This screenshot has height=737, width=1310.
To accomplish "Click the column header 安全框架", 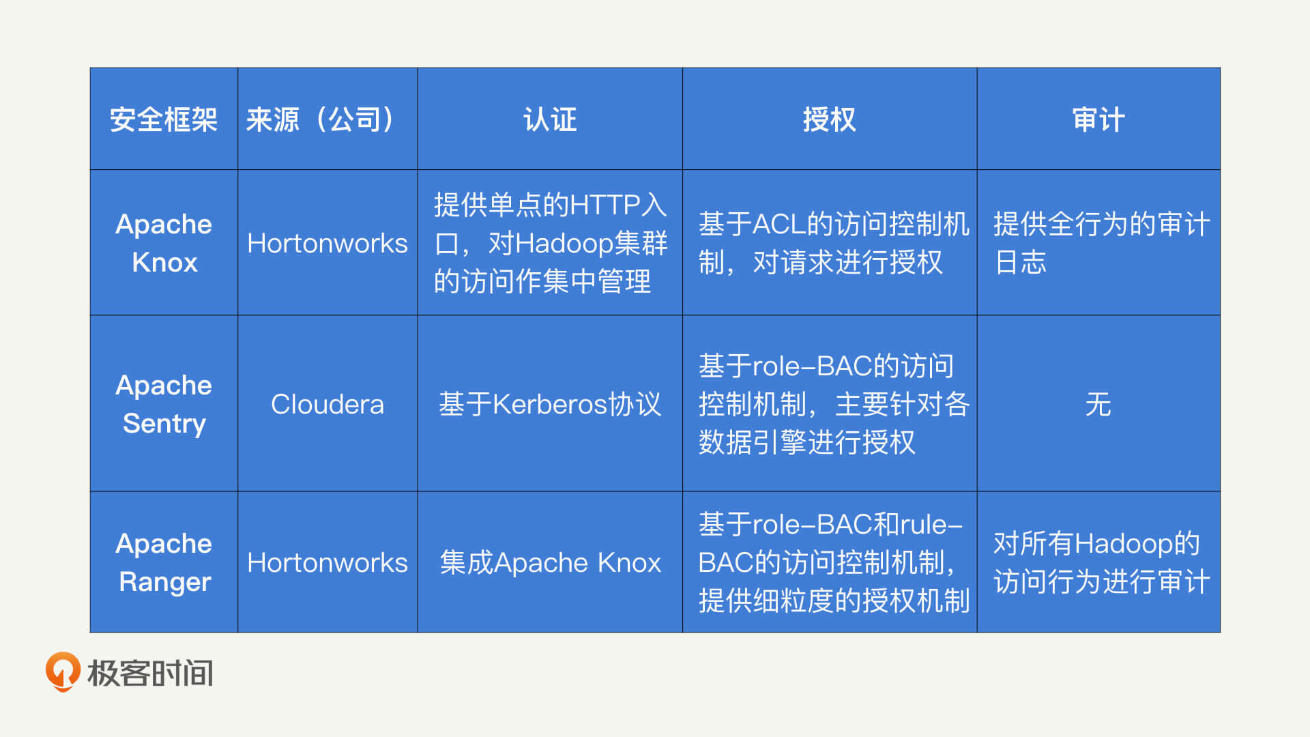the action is [x=164, y=119].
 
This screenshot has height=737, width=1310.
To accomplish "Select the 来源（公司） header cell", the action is [x=321, y=119].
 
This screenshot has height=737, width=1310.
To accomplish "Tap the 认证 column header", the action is [x=550, y=119].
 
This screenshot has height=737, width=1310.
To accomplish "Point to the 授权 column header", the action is [x=829, y=119].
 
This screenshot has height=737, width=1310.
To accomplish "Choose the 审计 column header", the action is [x=1098, y=119].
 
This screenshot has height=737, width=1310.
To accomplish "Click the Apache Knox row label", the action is [x=164, y=243].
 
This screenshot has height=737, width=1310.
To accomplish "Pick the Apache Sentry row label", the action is [x=164, y=404].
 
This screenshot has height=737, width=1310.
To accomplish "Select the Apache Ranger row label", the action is [x=164, y=562].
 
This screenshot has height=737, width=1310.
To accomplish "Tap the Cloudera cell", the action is [x=327, y=404].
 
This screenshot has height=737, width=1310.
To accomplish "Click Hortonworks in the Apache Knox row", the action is [x=327, y=243].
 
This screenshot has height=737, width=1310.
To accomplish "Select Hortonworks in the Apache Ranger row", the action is [x=327, y=562].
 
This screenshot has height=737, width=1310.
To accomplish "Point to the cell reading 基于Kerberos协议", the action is [x=550, y=404].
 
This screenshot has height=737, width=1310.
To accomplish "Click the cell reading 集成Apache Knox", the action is [x=550, y=562].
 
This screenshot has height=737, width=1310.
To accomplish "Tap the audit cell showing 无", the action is [x=1098, y=404].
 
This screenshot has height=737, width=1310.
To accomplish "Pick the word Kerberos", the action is [x=549, y=404].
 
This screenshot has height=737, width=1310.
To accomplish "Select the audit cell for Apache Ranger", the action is [x=1102, y=562].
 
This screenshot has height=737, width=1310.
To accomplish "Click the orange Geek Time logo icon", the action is [x=62, y=672].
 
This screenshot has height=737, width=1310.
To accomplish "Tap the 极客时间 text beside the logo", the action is [x=150, y=673].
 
